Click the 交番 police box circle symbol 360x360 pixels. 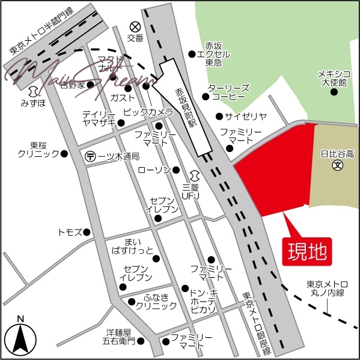[x=135, y=26]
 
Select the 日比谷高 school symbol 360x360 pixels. [x=337, y=164]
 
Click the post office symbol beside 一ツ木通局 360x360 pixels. [x=90, y=156]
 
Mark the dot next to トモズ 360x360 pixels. [x=87, y=232]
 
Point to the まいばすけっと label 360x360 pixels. [x=132, y=245]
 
